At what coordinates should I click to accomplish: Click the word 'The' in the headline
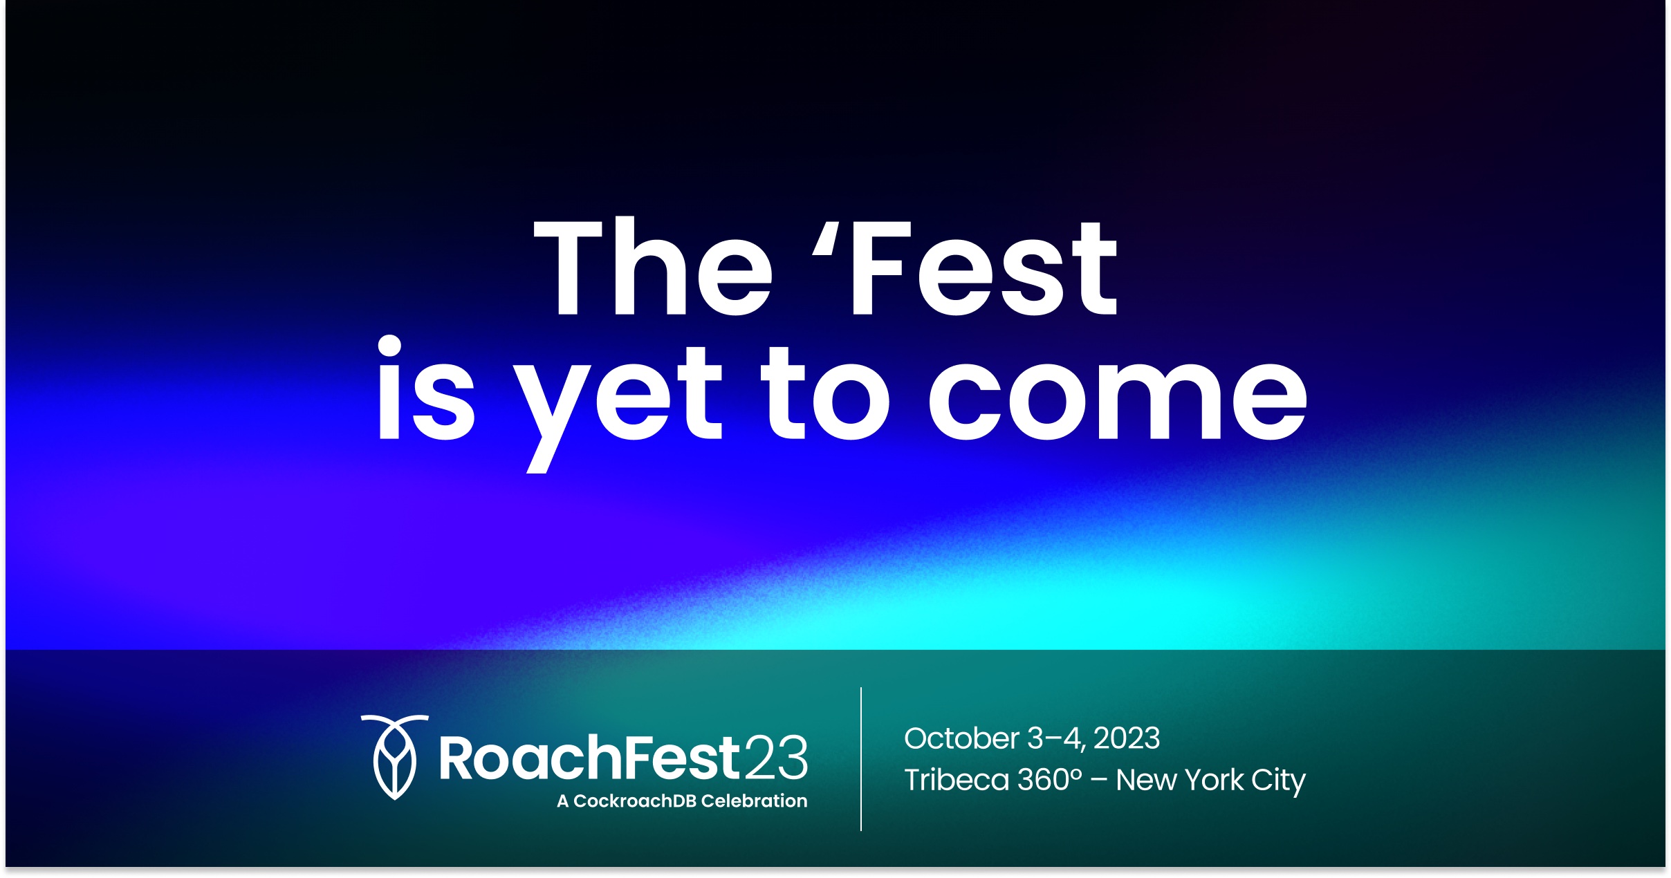tap(653, 266)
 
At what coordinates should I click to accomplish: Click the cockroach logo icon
tap(394, 757)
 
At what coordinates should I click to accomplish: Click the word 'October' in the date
tap(961, 738)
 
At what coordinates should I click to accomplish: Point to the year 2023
tap(1127, 738)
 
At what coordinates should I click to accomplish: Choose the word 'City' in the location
tap(1278, 782)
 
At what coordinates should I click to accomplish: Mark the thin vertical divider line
tap(861, 759)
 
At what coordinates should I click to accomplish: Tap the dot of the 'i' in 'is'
tap(390, 346)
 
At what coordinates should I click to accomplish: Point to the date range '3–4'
tap(1056, 739)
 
